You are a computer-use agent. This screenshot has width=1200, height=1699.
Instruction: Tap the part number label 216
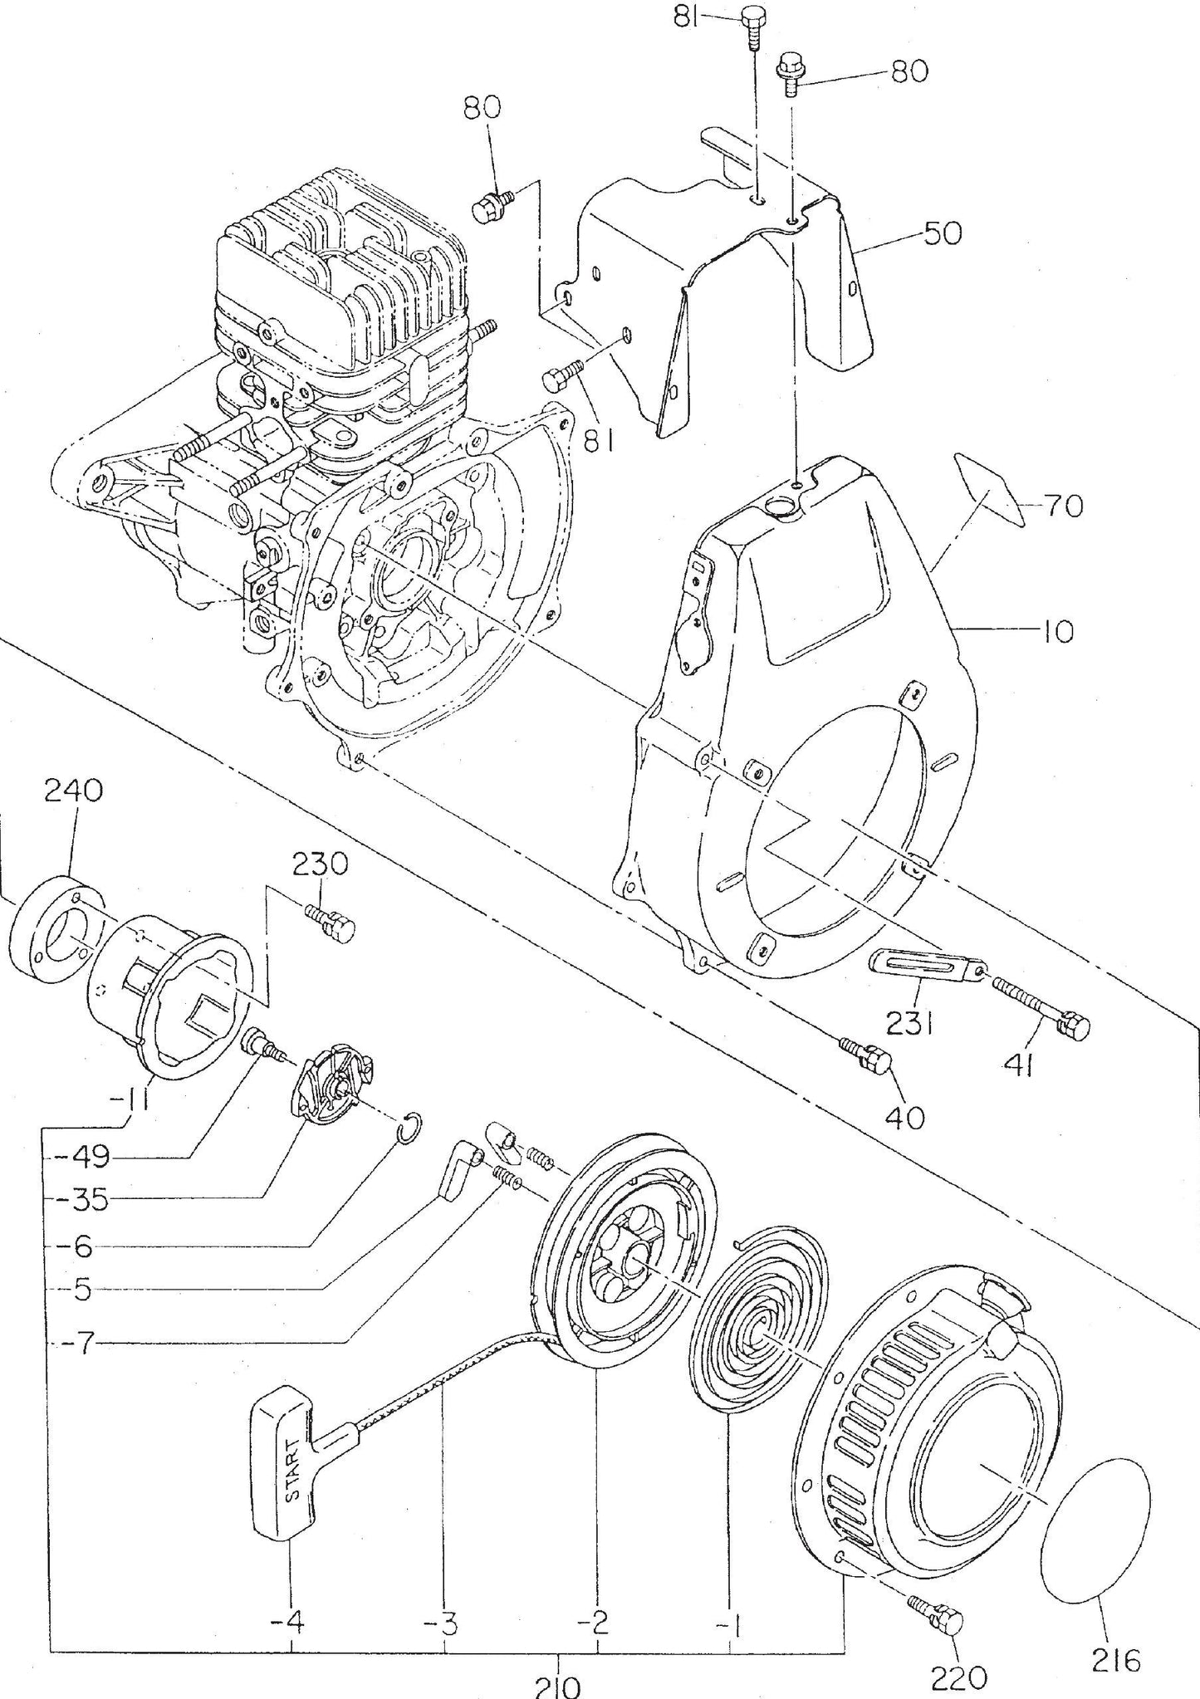[x=1115, y=1635]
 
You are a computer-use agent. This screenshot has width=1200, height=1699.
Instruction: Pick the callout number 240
[x=74, y=791]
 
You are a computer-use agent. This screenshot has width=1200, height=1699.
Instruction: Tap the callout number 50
[x=942, y=234]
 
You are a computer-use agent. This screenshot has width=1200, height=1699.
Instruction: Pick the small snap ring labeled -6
[x=414, y=1132]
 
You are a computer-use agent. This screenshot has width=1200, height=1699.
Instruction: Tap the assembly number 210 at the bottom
[x=557, y=1686]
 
